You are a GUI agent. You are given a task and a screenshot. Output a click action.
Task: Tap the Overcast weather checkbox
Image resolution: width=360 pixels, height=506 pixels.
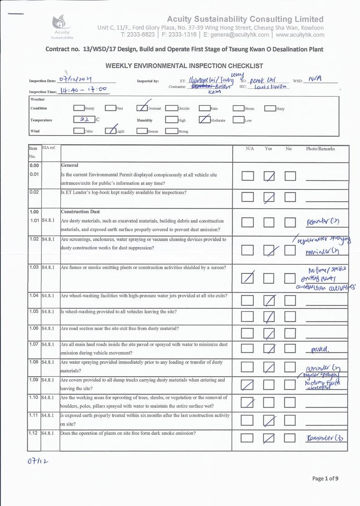142,108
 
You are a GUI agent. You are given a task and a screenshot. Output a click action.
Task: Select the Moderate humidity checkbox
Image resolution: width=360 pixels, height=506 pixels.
204,120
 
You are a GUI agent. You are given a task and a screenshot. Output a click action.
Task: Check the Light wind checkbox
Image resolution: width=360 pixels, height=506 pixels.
111,131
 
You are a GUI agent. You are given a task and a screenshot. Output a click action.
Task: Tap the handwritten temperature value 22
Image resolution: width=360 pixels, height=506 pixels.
83,120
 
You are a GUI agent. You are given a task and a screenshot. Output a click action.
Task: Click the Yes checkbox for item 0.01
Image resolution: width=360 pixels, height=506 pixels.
269,176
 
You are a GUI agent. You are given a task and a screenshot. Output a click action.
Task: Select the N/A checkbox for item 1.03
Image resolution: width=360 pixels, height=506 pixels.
248,277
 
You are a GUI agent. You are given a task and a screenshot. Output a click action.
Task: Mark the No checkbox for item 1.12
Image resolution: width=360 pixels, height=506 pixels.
290,438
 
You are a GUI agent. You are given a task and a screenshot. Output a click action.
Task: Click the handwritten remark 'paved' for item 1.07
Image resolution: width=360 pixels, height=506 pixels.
320,350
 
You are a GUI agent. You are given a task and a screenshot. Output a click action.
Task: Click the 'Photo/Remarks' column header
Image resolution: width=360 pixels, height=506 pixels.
320,149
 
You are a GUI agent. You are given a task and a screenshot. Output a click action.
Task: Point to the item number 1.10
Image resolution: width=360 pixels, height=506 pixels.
34,398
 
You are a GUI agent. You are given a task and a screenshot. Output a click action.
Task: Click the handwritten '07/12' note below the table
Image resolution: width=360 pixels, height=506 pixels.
38,462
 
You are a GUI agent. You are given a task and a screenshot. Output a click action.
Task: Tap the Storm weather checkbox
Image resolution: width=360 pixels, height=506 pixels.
238,108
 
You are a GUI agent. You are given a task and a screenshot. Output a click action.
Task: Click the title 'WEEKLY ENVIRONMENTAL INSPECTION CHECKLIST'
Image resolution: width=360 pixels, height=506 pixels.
184,66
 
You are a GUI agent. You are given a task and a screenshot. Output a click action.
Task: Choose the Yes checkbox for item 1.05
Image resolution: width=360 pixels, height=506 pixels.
269,316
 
